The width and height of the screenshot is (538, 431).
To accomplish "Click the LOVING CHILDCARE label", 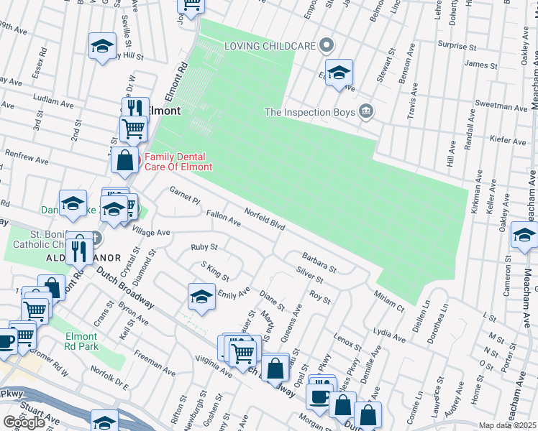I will pyautogui.click(x=270, y=46).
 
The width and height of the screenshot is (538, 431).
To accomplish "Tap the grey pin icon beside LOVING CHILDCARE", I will pyautogui.click(x=327, y=45).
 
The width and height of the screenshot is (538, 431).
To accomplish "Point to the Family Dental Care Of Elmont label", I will pyautogui.click(x=179, y=162).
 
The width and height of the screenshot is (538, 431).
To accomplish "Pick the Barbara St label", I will pyautogui.click(x=319, y=261).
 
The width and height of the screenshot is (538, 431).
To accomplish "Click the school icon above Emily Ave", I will pyautogui.click(x=202, y=296).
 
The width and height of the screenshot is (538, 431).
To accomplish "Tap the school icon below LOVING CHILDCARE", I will pyautogui.click(x=339, y=73).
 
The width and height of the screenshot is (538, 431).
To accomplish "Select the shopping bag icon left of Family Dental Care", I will pyautogui.click(x=125, y=159).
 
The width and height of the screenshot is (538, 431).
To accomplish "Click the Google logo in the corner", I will pyautogui.click(x=24, y=422).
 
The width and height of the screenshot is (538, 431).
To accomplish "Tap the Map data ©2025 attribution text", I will pyautogui.click(x=508, y=425).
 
